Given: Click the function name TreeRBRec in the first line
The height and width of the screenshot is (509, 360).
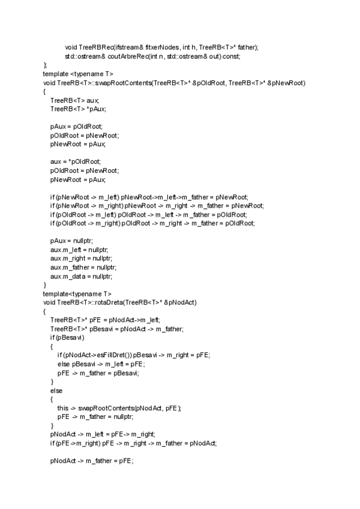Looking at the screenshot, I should [x=96, y=47].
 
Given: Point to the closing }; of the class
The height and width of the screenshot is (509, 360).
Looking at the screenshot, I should [x=44, y=65].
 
